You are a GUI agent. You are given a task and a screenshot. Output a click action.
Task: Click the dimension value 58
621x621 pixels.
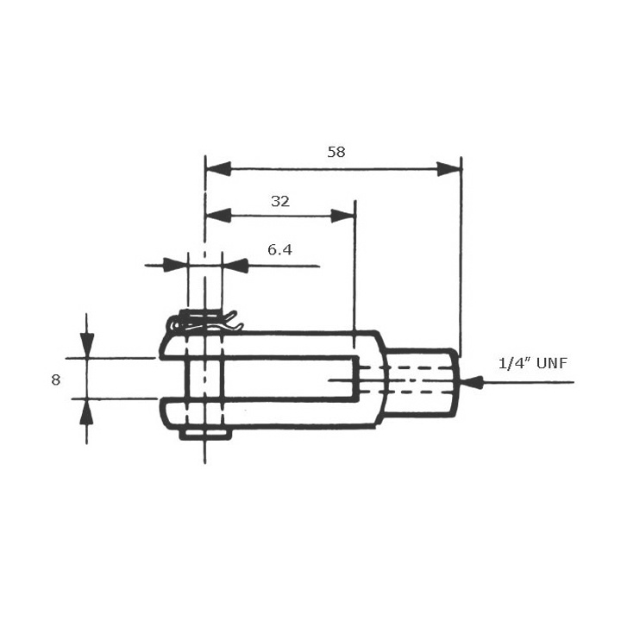coord(336,152)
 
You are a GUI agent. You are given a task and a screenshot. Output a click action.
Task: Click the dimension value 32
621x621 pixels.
coord(280,201)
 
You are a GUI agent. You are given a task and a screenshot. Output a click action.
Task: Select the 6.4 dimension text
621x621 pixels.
coord(280,250)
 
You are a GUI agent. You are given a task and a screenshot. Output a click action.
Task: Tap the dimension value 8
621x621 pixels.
coord(56,379)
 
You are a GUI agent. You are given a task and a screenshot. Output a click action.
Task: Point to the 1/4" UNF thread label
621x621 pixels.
coord(533,363)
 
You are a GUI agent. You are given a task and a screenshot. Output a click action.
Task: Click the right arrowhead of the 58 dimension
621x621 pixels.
coord(448,169)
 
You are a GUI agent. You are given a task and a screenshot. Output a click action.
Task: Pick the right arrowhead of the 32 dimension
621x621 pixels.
coord(343,216)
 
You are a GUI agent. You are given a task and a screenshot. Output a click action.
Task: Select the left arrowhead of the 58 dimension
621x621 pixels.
coord(218,169)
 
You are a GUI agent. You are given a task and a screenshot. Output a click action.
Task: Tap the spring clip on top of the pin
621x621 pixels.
coord(205,323)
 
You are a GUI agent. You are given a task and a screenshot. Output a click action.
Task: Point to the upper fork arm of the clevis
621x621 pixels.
coord(276,343)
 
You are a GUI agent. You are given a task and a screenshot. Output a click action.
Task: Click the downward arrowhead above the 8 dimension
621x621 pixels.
coord(86,346)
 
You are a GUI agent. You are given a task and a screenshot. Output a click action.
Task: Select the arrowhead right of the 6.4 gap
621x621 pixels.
coord(235,266)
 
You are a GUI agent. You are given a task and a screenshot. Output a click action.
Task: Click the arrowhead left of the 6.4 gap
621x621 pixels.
coord(175,266)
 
